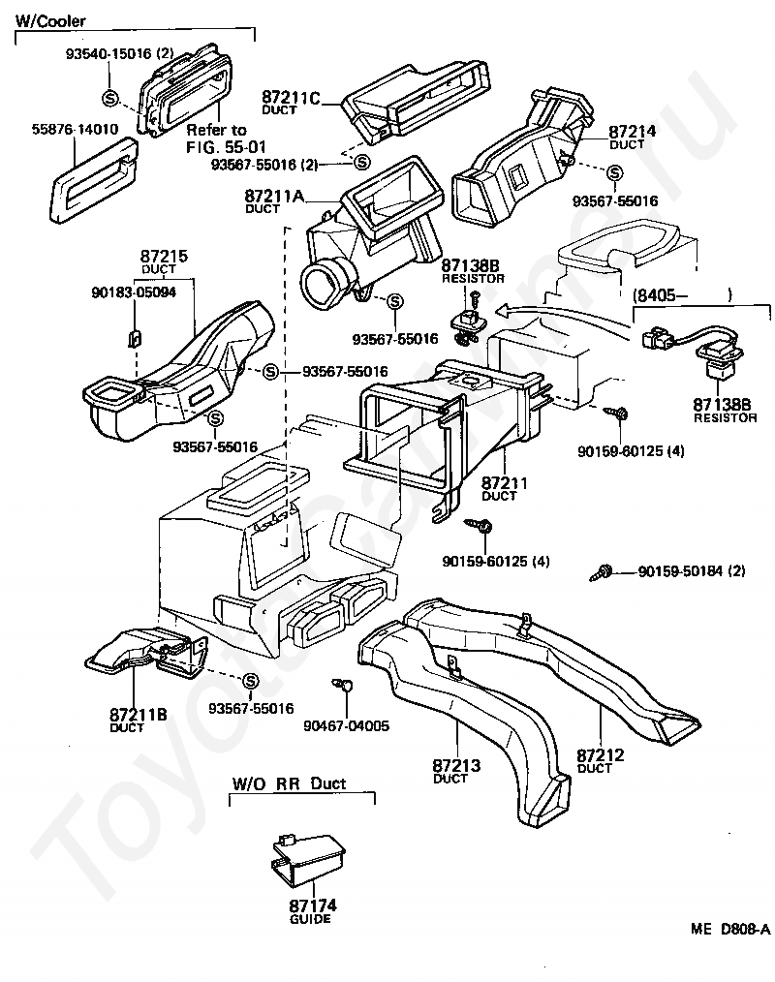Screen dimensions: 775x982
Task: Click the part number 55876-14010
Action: [x=75, y=130]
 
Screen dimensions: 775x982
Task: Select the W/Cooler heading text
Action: [x=50, y=20]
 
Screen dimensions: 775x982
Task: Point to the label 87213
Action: [x=456, y=765]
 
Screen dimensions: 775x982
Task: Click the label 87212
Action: [x=601, y=754]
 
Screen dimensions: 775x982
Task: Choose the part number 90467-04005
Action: [x=347, y=726]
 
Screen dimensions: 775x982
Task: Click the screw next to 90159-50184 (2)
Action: [x=601, y=572]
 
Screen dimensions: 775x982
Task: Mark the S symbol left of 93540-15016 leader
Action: [x=109, y=98]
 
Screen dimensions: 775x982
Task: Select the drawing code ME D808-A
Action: [x=729, y=929]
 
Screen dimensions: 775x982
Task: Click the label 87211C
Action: [x=291, y=98]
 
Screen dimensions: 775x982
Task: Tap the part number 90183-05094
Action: [x=134, y=292]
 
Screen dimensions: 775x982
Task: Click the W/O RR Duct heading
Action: [x=289, y=783]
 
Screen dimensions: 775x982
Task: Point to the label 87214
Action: [x=633, y=132]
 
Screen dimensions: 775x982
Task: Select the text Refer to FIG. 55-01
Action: [x=226, y=138]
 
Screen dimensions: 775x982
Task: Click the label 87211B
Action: [x=139, y=715]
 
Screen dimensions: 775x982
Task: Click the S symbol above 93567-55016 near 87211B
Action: [x=250, y=682]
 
